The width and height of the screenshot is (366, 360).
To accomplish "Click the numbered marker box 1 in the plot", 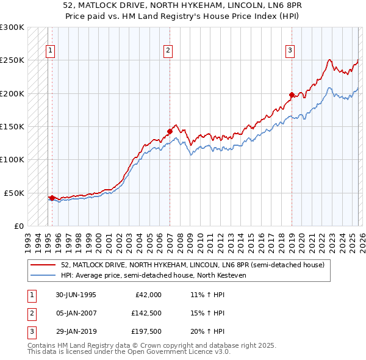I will coord(50,51).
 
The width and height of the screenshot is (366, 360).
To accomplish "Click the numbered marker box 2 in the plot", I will coord(168,51).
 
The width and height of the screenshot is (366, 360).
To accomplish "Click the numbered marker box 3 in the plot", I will coord(290,51).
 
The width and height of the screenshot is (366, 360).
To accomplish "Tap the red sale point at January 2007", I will coord(170,131).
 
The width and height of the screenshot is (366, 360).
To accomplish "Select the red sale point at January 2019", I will coord(292,95).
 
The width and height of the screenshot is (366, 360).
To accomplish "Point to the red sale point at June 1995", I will coord(52,198).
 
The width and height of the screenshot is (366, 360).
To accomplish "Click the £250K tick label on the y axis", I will coord(12,60).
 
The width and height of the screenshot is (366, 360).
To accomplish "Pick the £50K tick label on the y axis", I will coord(14,193).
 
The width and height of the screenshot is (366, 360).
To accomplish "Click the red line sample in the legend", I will coord(43,265).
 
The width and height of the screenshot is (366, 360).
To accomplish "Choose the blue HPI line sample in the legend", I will coord(43,275).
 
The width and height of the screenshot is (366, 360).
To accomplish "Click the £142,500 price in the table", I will coord(146,313).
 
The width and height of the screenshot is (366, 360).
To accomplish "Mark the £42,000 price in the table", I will coord(148,295).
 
